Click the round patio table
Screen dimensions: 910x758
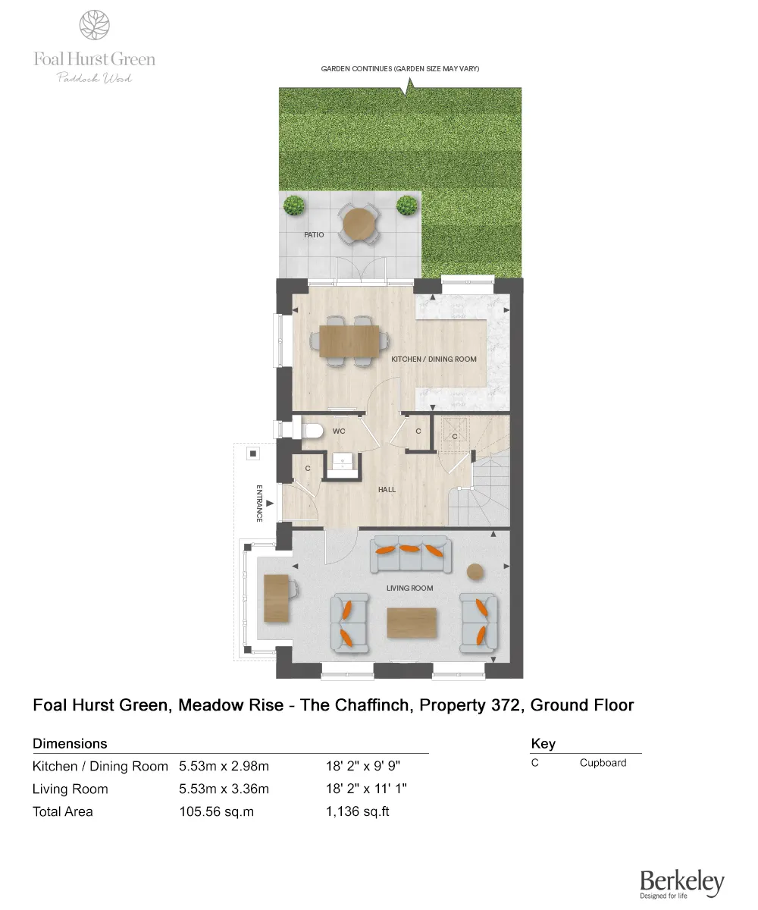tap(359, 223)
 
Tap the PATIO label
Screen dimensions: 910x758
tap(314, 235)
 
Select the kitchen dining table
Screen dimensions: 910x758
tap(349, 340)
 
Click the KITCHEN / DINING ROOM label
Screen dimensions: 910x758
tap(434, 359)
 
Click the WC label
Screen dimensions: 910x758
tap(339, 431)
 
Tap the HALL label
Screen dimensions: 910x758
tap(387, 490)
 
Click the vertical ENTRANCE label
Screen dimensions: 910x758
tap(259, 503)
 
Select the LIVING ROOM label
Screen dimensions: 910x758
tap(409, 588)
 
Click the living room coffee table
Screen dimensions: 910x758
tap(412, 623)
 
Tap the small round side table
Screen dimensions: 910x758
tap(475, 571)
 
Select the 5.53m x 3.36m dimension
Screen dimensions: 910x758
tap(224, 789)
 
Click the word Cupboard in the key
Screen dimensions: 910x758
tap(603, 763)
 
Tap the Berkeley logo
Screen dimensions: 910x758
tap(681, 883)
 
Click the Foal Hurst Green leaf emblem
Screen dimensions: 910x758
tap(94, 24)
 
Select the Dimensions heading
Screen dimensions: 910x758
tap(70, 743)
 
